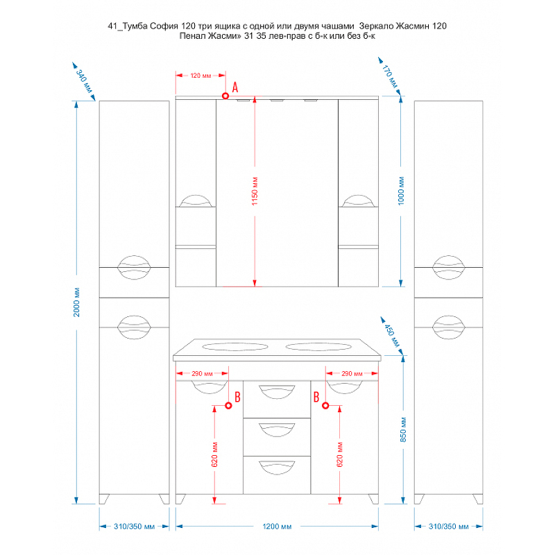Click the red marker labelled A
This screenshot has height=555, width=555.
point(226,95)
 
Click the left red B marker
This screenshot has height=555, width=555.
point(228,406)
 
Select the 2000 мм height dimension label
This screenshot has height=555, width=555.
point(77,302)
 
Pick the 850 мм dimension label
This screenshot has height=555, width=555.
point(403,430)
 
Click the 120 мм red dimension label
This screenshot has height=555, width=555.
point(200,75)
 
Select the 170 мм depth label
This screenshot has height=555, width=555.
point(391,76)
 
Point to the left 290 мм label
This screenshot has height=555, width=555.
point(200,374)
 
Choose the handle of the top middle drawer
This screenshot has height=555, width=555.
point(276,391)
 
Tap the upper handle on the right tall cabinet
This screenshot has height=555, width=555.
point(448,267)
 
